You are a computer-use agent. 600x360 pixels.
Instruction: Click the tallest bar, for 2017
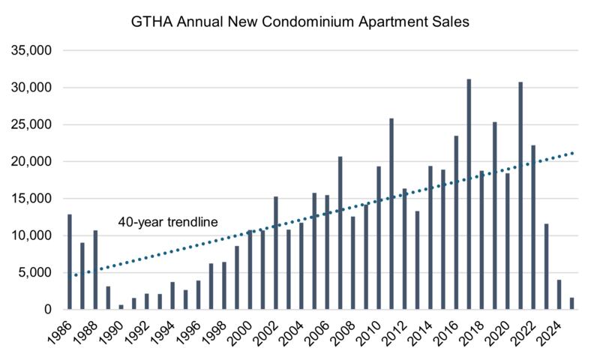[469, 194]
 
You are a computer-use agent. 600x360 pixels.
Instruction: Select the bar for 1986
[70, 262]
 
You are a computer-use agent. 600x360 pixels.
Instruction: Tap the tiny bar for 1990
[121, 307]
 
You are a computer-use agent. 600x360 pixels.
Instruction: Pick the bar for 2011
[391, 214]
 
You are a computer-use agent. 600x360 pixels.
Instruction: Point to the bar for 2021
[520, 196]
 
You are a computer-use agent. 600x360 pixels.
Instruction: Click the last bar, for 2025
[571, 304]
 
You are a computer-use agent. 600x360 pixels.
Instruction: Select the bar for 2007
[340, 232]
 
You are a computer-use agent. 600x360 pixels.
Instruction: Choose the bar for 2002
[276, 253]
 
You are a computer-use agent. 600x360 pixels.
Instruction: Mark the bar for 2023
[546, 266]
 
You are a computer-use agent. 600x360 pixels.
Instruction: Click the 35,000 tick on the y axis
[31, 50]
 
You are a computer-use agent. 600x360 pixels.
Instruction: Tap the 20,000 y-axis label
[31, 161]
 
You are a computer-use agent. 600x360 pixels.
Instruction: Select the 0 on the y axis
[47, 309]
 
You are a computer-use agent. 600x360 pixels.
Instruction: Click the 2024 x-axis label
[550, 332]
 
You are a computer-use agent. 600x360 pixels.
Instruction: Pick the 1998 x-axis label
[215, 332]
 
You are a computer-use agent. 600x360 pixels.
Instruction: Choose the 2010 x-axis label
[369, 332]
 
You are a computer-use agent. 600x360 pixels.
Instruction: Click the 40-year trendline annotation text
[168, 222]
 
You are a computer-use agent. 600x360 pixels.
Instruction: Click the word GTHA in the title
[152, 22]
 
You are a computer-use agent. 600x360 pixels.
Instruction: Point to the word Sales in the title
[451, 22]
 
